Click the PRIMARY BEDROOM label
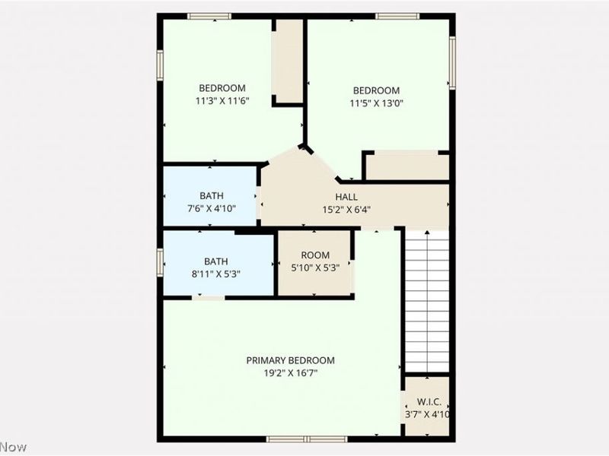(x=290, y=360)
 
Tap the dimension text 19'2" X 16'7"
(x=290, y=373)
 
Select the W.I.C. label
(x=426, y=401)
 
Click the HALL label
(x=346, y=197)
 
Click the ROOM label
(x=315, y=255)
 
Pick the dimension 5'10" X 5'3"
(x=315, y=268)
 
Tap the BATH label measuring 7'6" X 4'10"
(x=212, y=195)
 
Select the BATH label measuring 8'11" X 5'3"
(x=215, y=261)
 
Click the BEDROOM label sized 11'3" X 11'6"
(x=223, y=87)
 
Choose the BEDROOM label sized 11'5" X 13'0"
(x=375, y=90)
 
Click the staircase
(x=426, y=300)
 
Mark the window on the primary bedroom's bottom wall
(x=306, y=439)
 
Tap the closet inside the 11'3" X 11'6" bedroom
(x=288, y=61)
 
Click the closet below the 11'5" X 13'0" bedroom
(x=407, y=166)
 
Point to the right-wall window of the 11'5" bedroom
(x=451, y=63)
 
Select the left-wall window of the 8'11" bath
(x=161, y=261)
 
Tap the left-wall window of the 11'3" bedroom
(x=161, y=65)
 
